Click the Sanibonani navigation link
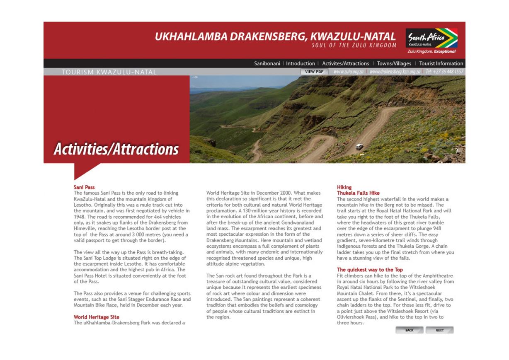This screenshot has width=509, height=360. pos(268,63)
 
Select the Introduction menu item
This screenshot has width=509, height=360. pos(301,63)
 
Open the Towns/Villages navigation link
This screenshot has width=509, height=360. pos(394,63)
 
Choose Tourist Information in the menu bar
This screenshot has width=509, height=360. pos(441,63)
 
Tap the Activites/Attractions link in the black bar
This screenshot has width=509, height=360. pos(345,63)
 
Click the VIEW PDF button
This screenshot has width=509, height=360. pos(314,72)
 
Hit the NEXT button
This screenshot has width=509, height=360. pos(439,330)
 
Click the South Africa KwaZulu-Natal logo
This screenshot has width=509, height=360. pos(431,41)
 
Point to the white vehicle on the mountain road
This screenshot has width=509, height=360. pos(359,146)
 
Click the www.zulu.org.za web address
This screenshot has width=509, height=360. pos(348,72)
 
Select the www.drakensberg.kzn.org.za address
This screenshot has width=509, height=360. pos(395,72)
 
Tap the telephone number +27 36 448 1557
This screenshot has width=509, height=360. pos(444,72)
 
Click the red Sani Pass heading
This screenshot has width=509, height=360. pos(84,187)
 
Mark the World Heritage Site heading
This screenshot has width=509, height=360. pos(96,317)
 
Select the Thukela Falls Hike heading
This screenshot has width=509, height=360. pos(358,193)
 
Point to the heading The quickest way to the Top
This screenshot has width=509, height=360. pos(370,270)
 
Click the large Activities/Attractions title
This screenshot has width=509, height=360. pos(116,149)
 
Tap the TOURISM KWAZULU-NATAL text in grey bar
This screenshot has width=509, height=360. pos(109,72)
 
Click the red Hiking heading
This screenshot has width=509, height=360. pos(344,187)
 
